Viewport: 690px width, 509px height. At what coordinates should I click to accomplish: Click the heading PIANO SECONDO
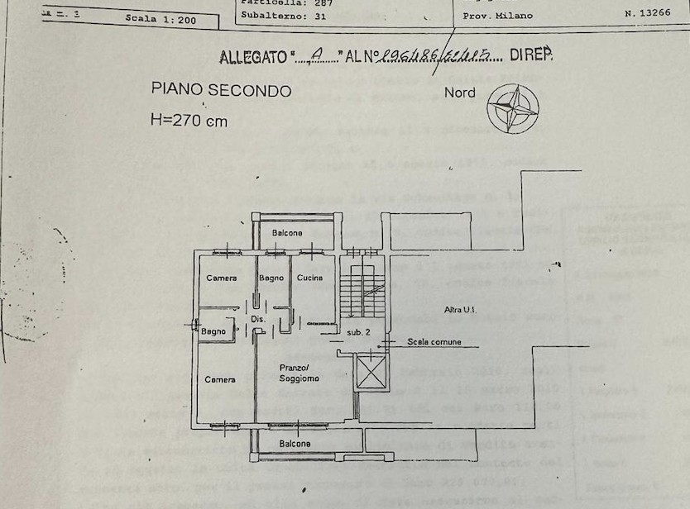221,90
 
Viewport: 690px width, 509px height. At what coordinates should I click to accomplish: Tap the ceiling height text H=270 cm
189,120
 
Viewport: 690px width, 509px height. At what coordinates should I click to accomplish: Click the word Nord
460,93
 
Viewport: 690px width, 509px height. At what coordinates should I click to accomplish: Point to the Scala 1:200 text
161,20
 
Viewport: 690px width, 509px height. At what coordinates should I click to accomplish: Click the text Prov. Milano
497,16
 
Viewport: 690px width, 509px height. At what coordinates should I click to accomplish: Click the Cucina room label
309,278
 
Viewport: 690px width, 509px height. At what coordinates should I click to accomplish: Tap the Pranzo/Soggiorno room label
298,373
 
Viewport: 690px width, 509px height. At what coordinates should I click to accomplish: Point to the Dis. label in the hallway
256,319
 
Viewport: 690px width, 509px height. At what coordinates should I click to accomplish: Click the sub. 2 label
358,332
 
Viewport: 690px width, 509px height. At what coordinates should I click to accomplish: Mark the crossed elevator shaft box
370,373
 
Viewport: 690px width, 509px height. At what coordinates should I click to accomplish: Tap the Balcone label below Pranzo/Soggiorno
295,444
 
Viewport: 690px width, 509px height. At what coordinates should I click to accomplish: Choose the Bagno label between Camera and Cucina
271,278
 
